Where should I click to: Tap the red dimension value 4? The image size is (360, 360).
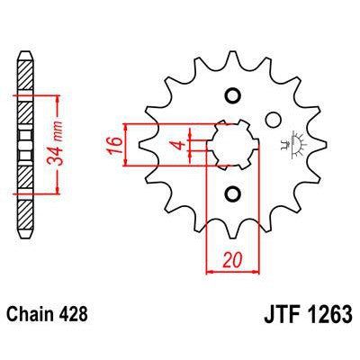[179, 143]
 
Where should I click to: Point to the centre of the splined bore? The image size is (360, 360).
[230, 144]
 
